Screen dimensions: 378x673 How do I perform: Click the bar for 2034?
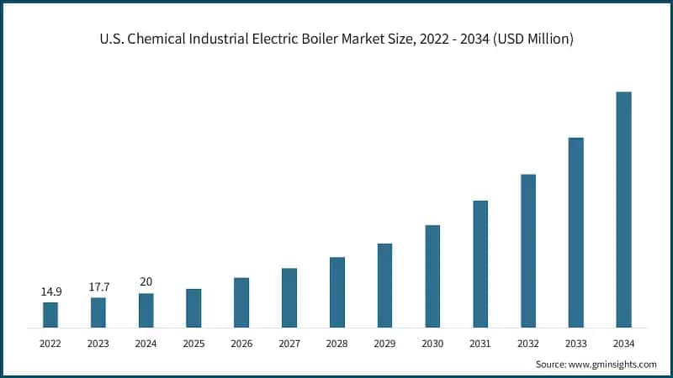623,209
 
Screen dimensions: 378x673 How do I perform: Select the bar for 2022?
50,314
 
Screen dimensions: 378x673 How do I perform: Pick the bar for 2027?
289,297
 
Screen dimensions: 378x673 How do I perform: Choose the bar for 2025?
193,307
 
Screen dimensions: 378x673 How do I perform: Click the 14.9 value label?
50,291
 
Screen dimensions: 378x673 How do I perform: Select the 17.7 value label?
98,286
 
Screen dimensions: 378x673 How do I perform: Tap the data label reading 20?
146,282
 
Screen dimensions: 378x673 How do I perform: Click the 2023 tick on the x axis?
98,344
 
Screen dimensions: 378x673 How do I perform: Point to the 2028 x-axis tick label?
337,344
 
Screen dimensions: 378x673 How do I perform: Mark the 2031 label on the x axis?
480,344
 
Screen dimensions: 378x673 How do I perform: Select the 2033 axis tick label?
575,344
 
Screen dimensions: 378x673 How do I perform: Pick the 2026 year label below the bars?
241,344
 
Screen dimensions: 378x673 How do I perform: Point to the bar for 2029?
384,285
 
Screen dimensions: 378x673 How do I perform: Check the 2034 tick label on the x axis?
623,344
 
